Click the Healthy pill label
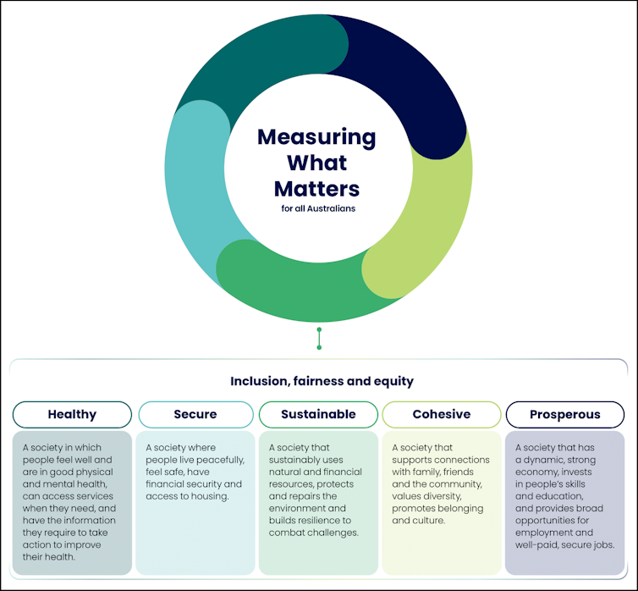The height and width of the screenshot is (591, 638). (72, 415)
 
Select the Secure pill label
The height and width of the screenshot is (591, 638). (195, 415)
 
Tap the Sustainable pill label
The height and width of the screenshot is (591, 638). (317, 415)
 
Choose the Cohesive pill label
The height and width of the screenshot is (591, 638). (441, 415)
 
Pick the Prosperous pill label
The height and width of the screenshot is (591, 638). (564, 415)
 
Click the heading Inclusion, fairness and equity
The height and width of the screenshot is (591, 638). (322, 381)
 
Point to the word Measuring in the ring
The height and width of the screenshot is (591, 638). (316, 136)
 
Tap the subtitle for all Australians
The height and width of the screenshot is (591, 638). (318, 208)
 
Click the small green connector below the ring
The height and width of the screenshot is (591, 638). (319, 338)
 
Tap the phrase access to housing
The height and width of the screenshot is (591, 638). (186, 496)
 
